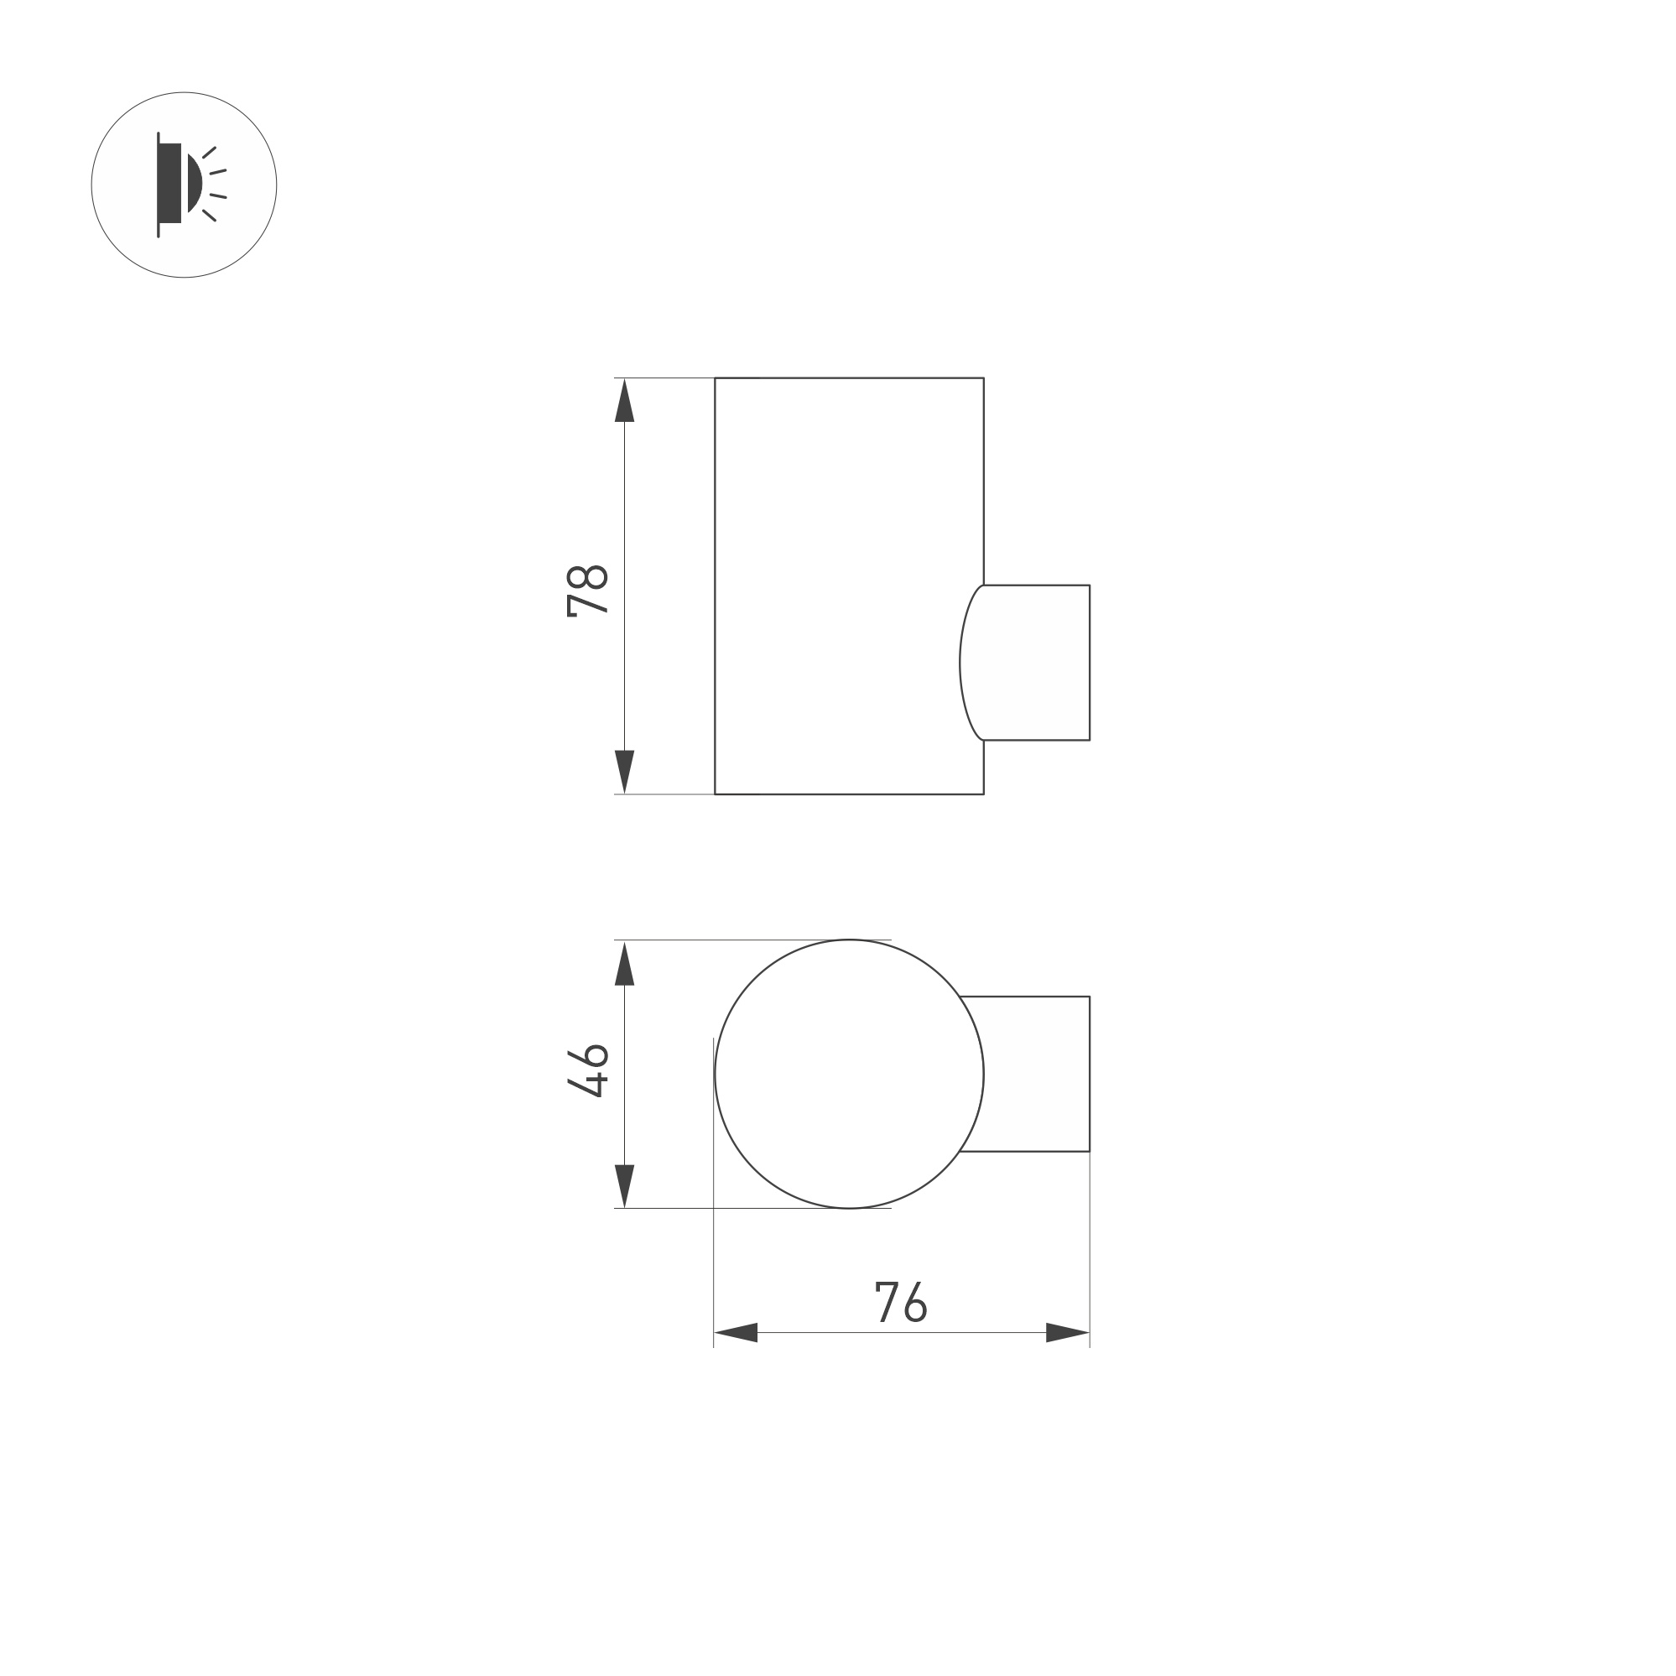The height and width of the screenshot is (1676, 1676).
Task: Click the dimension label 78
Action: [587, 590]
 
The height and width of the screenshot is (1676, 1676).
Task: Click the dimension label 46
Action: [587, 1071]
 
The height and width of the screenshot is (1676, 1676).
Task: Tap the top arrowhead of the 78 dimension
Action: [625, 401]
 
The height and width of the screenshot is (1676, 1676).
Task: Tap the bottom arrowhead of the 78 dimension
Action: [625, 770]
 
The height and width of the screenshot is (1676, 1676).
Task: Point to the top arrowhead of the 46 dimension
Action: [625, 964]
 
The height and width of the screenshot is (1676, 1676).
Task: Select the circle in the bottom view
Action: [848, 1073]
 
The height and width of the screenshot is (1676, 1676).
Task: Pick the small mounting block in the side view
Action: [1037, 663]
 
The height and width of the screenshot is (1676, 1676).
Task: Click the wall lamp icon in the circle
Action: [184, 185]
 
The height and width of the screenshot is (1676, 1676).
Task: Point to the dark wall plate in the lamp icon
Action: [169, 183]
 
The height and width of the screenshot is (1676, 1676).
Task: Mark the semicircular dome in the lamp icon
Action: [195, 183]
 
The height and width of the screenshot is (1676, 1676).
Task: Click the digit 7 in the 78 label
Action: [587, 604]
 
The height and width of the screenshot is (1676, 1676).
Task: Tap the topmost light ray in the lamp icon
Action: [209, 153]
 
